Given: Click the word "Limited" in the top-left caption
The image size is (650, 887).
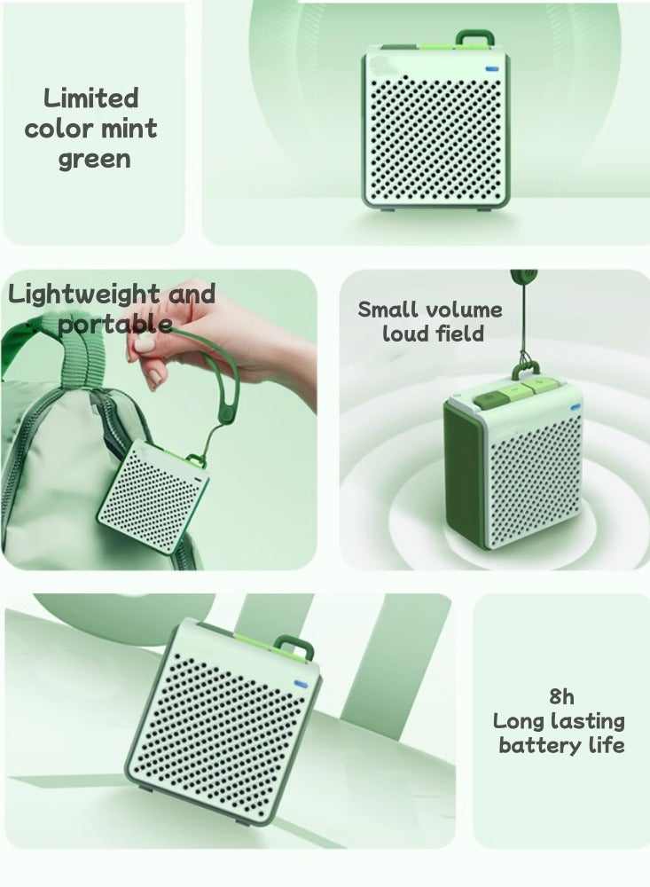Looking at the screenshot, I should (91, 98).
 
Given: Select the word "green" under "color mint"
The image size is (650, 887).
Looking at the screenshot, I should (94, 160).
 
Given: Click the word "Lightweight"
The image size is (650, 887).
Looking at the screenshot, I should (84, 294).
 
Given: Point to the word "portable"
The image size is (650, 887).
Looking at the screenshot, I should (114, 323).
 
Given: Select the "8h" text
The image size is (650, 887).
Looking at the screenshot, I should (560, 696).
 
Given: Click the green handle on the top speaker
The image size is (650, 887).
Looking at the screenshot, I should (475, 38).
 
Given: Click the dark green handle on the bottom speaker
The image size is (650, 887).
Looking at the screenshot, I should (294, 646).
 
